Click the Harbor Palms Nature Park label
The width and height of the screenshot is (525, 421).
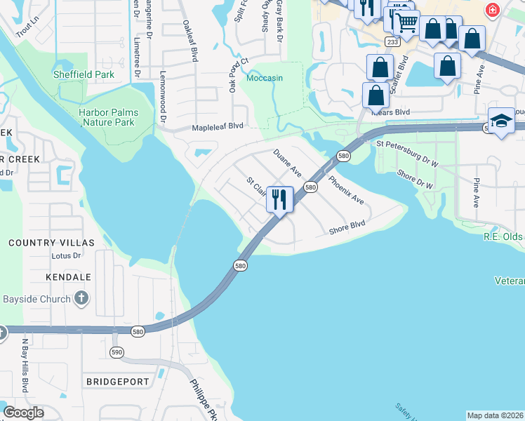pyautogui.click(x=108, y=117)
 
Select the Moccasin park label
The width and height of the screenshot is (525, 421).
pyautogui.click(x=265, y=78)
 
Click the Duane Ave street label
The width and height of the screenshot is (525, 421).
pyautogui.click(x=287, y=163)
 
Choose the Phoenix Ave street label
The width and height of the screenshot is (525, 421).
pyautogui.click(x=347, y=188)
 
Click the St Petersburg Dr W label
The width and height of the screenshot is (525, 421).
pyautogui.click(x=407, y=144)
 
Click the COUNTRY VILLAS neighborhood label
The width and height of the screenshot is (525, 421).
pyautogui.click(x=51, y=243)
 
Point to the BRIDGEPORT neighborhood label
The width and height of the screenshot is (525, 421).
pyautogui.click(x=118, y=382)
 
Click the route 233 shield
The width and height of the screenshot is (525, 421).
pyautogui.click(x=392, y=42)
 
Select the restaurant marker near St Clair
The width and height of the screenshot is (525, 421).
pyautogui.click(x=279, y=199)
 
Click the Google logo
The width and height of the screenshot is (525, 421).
pyautogui.click(x=24, y=413)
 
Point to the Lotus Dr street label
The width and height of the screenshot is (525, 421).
pyautogui.click(x=67, y=256)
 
